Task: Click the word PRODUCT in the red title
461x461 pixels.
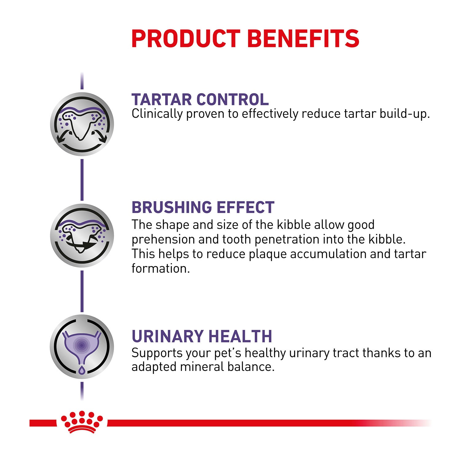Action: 186,38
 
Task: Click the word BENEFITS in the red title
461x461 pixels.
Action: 303,38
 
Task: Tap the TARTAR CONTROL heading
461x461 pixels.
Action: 200,99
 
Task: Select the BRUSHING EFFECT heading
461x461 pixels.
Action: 203,207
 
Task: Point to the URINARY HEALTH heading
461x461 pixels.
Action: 202,336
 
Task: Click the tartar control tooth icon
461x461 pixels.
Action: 82,124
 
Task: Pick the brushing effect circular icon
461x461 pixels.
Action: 82,235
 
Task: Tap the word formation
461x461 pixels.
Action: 160,268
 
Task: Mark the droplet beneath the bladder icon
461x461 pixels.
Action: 81,370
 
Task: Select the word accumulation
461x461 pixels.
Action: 328,254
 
